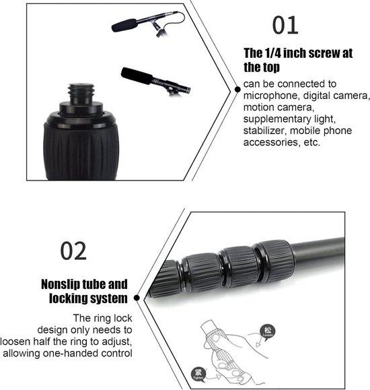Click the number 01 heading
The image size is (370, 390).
coord(285,24)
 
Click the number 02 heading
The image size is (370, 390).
coord(73,251)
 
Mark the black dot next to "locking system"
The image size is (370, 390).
coord(137,297)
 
